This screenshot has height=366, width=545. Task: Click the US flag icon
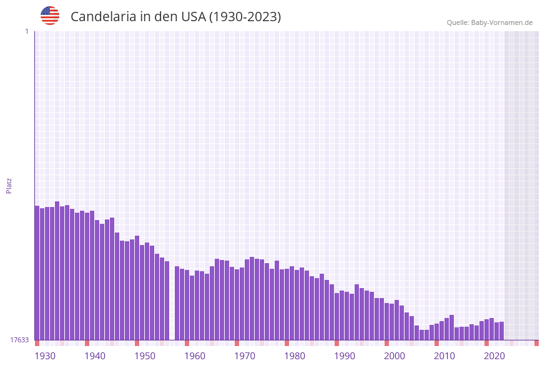click(x=50, y=16)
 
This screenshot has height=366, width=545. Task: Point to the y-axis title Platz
click(x=9, y=185)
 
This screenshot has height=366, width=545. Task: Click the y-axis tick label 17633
click(x=19, y=340)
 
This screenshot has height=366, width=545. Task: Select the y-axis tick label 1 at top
click(x=26, y=31)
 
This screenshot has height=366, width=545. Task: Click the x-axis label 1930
click(x=45, y=356)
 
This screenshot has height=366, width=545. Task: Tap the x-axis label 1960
click(x=195, y=356)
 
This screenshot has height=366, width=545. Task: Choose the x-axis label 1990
click(x=345, y=356)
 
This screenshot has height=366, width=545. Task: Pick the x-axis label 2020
click(x=494, y=356)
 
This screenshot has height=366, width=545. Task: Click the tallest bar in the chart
click(x=57, y=271)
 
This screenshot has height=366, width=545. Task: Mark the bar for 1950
click(x=137, y=287)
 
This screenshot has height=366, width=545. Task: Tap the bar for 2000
click(x=387, y=321)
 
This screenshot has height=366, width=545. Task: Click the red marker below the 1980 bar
click(x=287, y=343)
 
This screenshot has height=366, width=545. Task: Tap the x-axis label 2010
click(x=444, y=356)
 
